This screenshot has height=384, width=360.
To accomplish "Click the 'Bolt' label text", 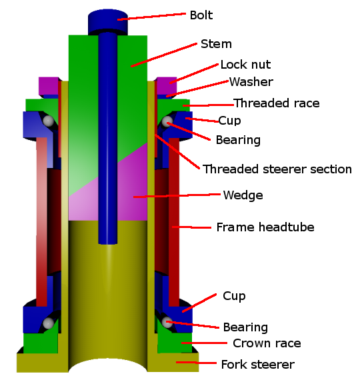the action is click(201, 15).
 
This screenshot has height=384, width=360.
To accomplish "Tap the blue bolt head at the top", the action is click(108, 21).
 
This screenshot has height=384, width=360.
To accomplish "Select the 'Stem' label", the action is click(216, 44).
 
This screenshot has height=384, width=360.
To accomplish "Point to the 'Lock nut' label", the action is click(245, 65).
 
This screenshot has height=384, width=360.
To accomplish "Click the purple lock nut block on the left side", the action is click(49, 86).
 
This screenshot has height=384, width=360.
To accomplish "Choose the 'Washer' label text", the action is click(251, 82).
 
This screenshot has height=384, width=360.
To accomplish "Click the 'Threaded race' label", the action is click(276, 103).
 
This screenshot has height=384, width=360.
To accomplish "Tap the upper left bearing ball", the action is click(48, 121).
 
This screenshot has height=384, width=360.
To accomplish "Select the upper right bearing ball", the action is click(167, 122).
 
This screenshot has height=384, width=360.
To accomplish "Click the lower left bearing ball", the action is click(48, 323).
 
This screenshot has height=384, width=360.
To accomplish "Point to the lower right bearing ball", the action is click(167, 322).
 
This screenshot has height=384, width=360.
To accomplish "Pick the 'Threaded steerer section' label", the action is click(277, 169).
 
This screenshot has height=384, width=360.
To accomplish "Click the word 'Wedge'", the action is click(243, 195).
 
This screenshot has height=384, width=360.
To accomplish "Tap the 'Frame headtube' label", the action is click(265, 227).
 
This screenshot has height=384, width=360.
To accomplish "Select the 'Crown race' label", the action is click(267, 343).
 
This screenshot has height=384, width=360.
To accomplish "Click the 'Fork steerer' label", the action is click(257, 365).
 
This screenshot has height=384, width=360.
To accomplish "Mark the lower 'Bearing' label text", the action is click(245, 327).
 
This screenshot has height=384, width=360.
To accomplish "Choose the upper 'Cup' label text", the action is click(229, 121).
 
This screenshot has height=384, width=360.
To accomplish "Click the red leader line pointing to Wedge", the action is click(177, 195).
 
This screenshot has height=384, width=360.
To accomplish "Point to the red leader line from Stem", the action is click(164, 55).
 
